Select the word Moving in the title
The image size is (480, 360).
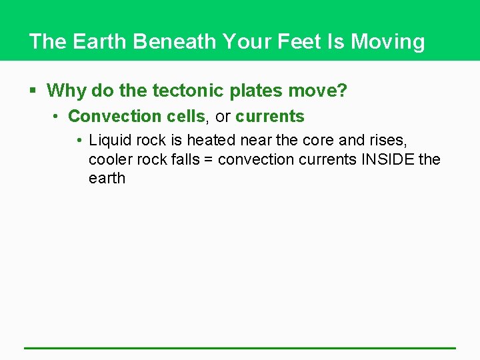(388, 41)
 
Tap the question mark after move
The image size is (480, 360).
(343, 90)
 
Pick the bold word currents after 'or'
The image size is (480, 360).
(270, 116)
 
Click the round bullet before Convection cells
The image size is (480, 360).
(58, 117)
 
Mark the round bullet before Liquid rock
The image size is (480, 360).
(79, 141)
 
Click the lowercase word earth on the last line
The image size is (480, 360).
(107, 178)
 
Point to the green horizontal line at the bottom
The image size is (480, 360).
(240, 347)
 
